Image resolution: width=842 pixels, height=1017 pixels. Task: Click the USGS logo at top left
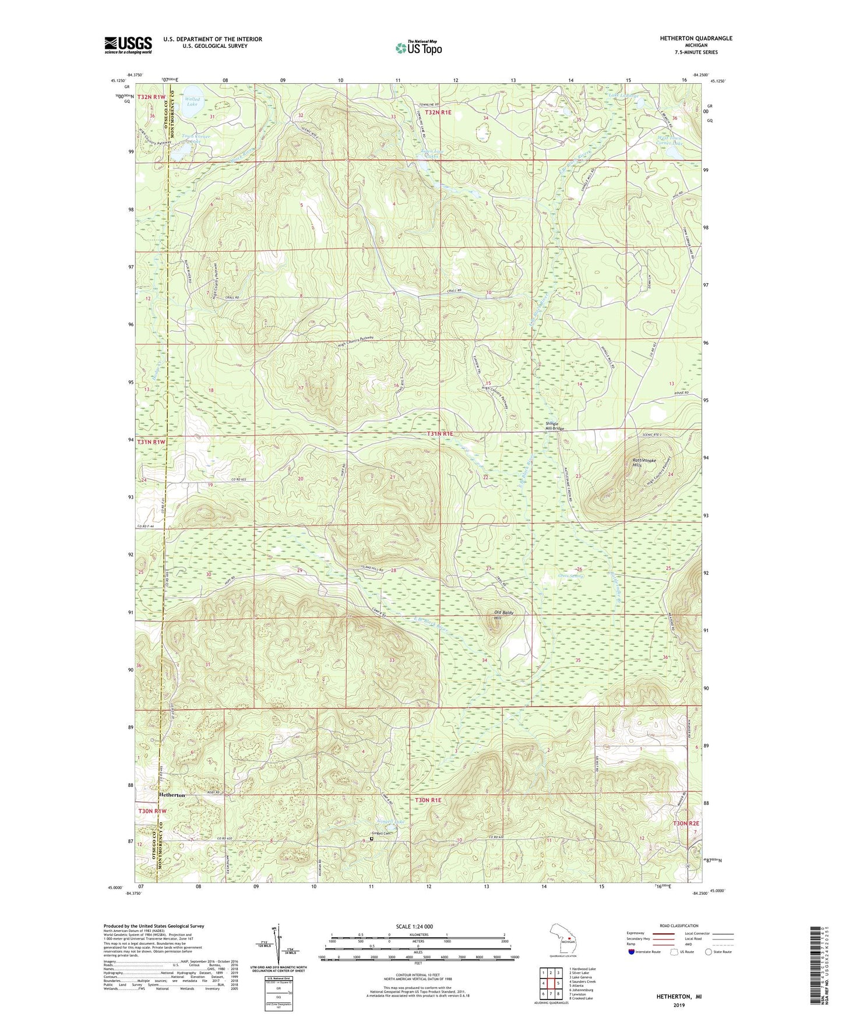[128, 44]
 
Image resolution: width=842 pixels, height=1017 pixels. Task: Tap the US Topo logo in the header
[418, 48]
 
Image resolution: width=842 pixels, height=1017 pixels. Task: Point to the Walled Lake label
[192, 101]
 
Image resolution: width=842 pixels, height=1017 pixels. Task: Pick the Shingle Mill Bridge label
[554, 426]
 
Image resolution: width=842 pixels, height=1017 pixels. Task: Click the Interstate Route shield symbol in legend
[632, 952]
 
